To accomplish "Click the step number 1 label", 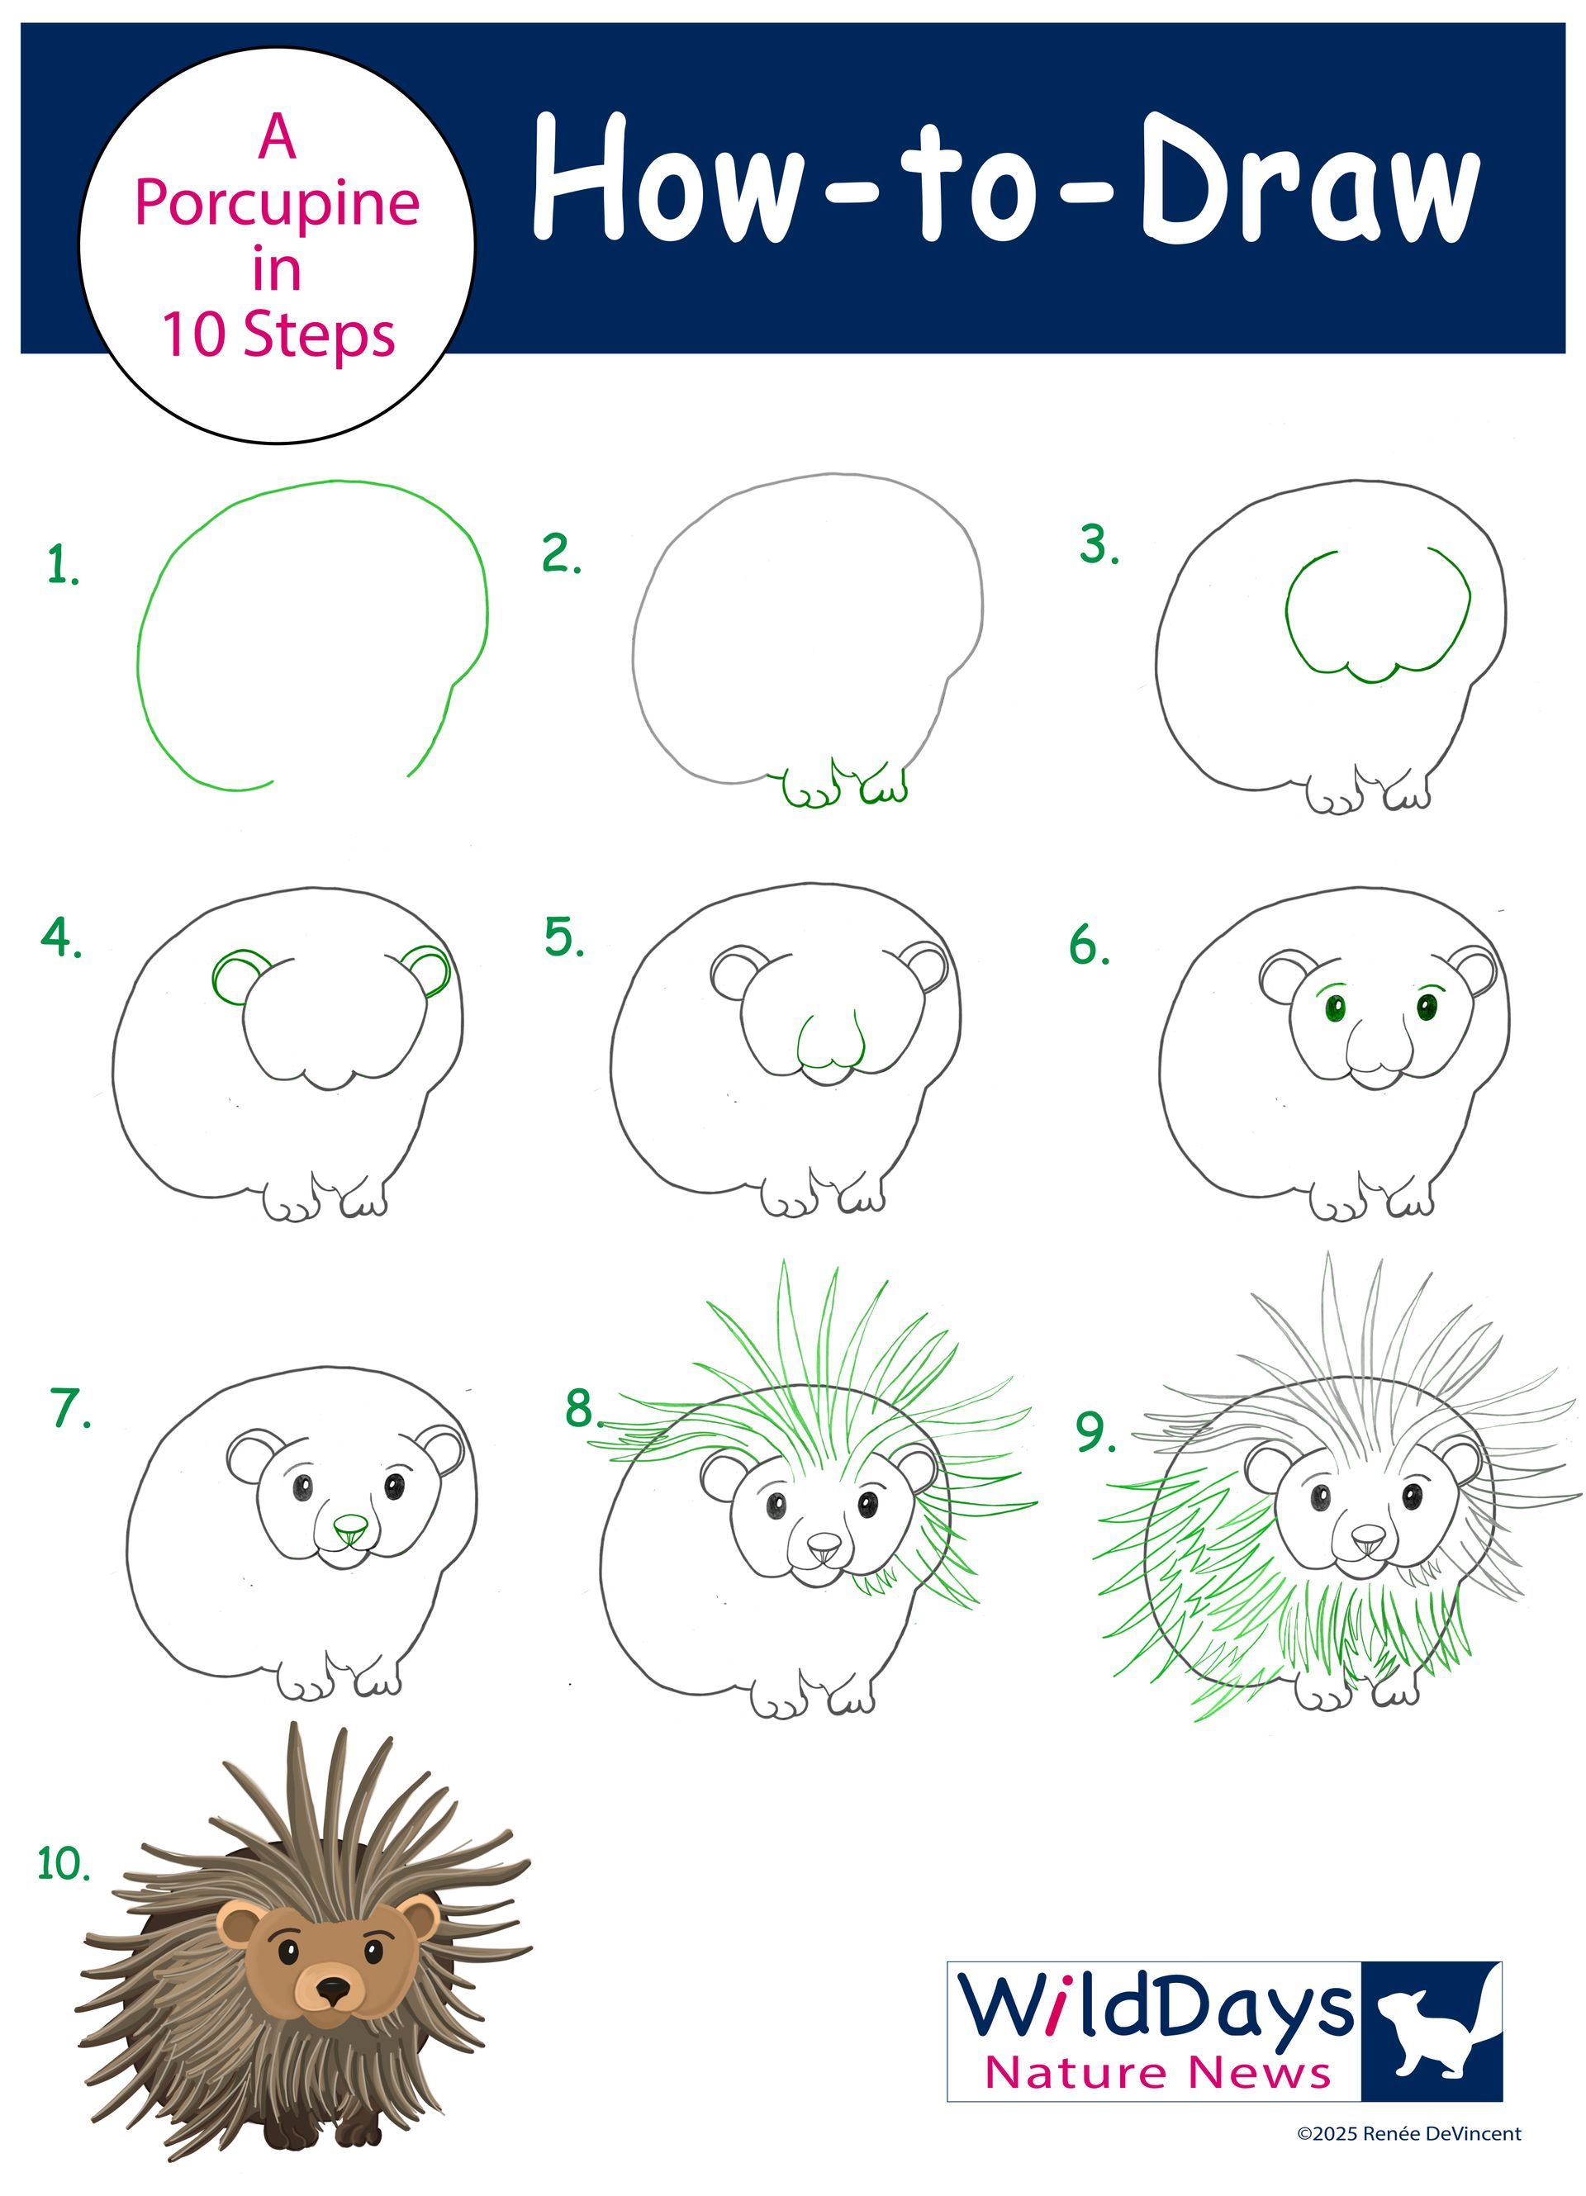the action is [x=63, y=566].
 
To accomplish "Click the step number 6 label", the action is [x=1090, y=945].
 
